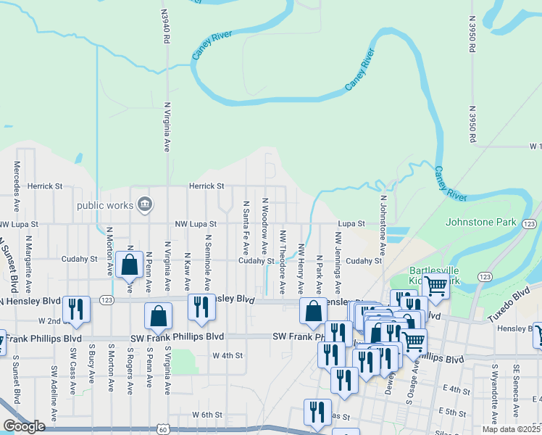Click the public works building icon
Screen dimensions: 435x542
[145, 205]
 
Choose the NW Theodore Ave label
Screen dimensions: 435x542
[283, 262]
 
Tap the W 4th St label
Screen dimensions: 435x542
[228, 355]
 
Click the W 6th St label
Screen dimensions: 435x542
[206, 414]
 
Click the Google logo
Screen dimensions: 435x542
[25, 426]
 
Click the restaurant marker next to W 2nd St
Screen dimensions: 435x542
[75, 308]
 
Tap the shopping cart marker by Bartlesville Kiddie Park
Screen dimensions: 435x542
[435, 286]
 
